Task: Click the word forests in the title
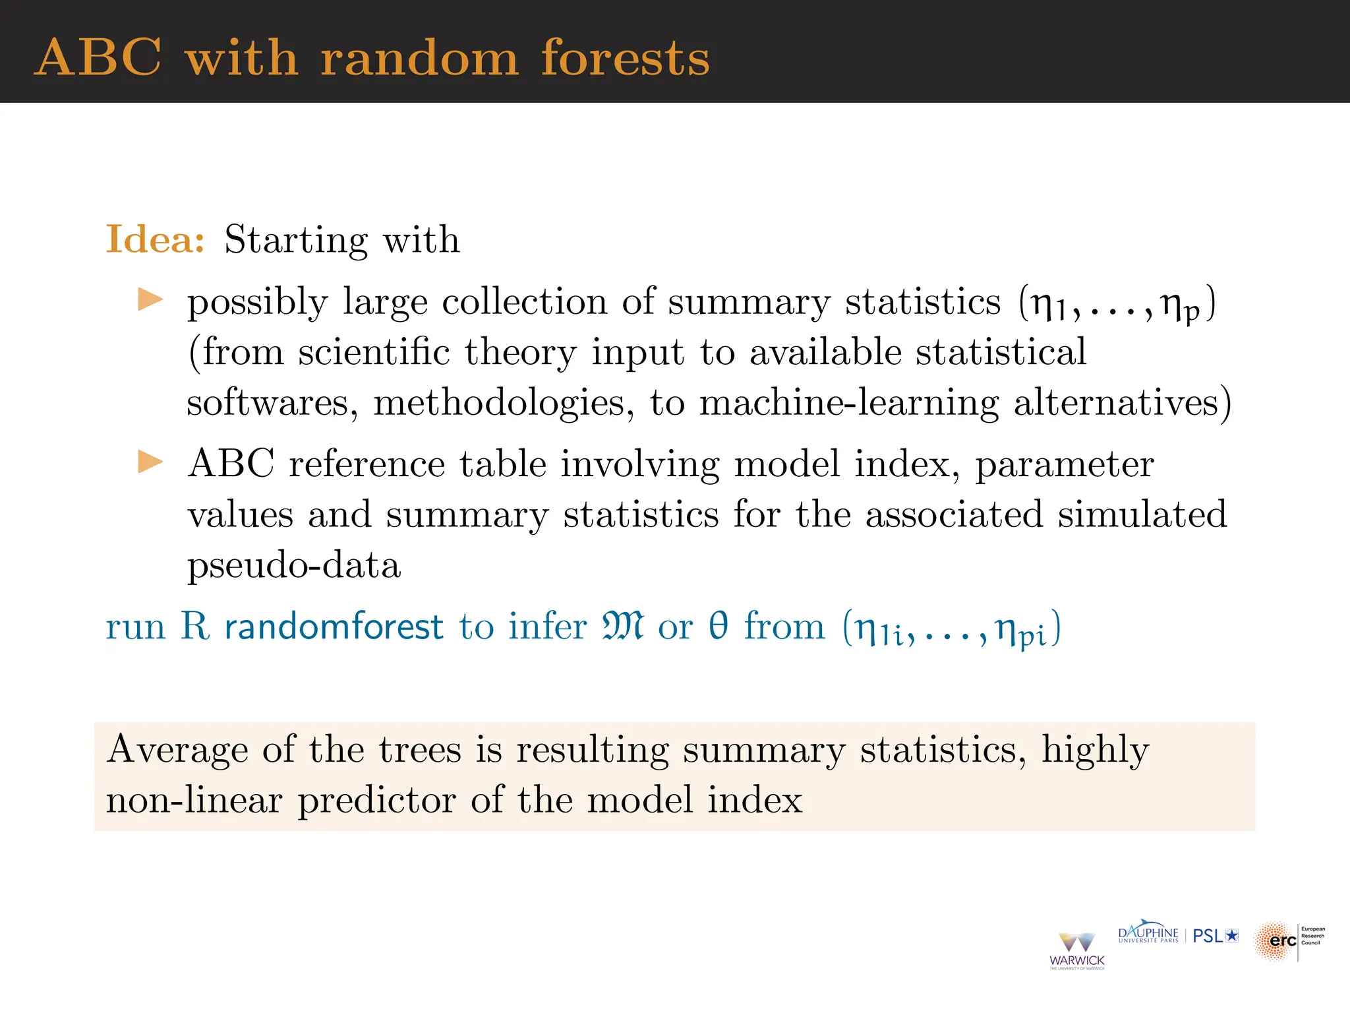coord(625,58)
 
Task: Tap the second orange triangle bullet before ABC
coord(150,462)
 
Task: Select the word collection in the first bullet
coord(524,302)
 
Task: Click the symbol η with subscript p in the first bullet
coord(1180,306)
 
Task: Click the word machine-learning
coord(849,402)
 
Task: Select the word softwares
coord(272,402)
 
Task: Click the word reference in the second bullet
coord(367,464)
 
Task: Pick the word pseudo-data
coord(294,566)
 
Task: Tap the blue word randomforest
coord(334,627)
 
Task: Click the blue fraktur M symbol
coord(622,627)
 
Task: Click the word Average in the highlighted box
coord(178,750)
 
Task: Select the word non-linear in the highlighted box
coord(194,800)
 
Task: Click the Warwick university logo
coord(1076,950)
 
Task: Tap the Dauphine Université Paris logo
coord(1148,934)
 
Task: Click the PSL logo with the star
coord(1216,936)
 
